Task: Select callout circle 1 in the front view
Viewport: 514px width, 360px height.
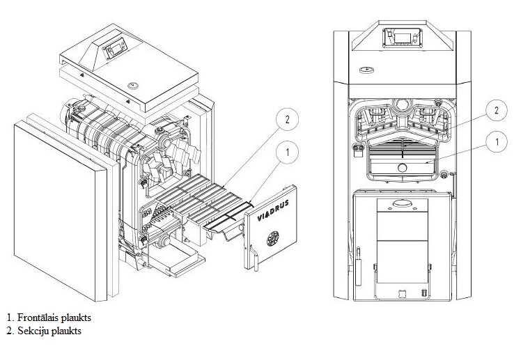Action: click(496, 143)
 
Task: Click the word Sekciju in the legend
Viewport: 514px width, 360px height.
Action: click(29, 331)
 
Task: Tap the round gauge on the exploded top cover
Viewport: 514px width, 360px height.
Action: click(132, 86)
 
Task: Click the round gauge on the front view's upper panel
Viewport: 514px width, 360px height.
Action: click(367, 70)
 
